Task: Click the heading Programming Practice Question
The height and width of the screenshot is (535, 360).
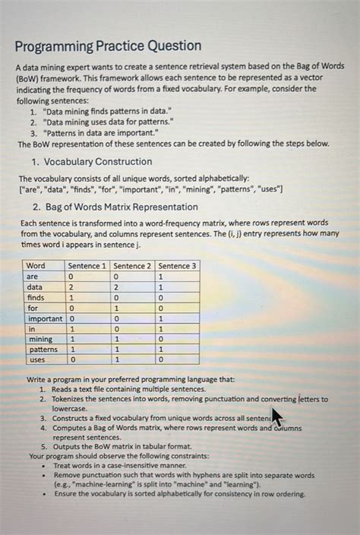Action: coord(108,46)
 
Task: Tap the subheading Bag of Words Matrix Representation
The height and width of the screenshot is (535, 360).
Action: coord(115,207)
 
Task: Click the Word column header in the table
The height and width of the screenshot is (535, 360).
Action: coord(36,265)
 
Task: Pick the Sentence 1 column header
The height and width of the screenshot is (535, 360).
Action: coord(87,265)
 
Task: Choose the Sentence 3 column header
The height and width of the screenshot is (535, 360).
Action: coord(177,265)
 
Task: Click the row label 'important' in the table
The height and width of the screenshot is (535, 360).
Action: coord(44,318)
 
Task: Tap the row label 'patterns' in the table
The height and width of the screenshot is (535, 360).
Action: coord(42,349)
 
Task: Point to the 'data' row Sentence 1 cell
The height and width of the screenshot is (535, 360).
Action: coord(72,287)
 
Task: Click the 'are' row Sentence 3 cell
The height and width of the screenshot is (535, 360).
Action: coord(161,277)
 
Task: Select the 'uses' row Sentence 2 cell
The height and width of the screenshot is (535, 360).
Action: coord(116,359)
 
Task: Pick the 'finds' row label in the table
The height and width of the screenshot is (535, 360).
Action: coord(37,298)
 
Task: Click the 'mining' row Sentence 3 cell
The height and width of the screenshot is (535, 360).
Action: coord(161,339)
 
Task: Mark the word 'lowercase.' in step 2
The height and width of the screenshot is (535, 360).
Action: coord(70,408)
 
